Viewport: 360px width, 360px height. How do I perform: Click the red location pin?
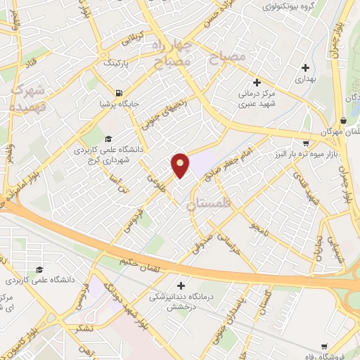click(181, 165)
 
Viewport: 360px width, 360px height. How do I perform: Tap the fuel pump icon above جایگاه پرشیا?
click(119, 93)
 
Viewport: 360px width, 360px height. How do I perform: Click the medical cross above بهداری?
click(305, 68)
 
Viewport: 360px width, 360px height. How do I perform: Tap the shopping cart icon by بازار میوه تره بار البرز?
click(306, 134)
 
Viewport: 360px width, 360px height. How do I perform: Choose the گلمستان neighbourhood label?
click(209, 206)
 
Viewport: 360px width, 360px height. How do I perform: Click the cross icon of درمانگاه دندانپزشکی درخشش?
click(182, 285)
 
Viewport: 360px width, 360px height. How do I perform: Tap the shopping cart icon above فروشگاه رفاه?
click(323, 347)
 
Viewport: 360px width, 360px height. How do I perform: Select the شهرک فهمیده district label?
click(28, 98)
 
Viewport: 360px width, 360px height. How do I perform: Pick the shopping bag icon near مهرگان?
click(342, 120)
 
